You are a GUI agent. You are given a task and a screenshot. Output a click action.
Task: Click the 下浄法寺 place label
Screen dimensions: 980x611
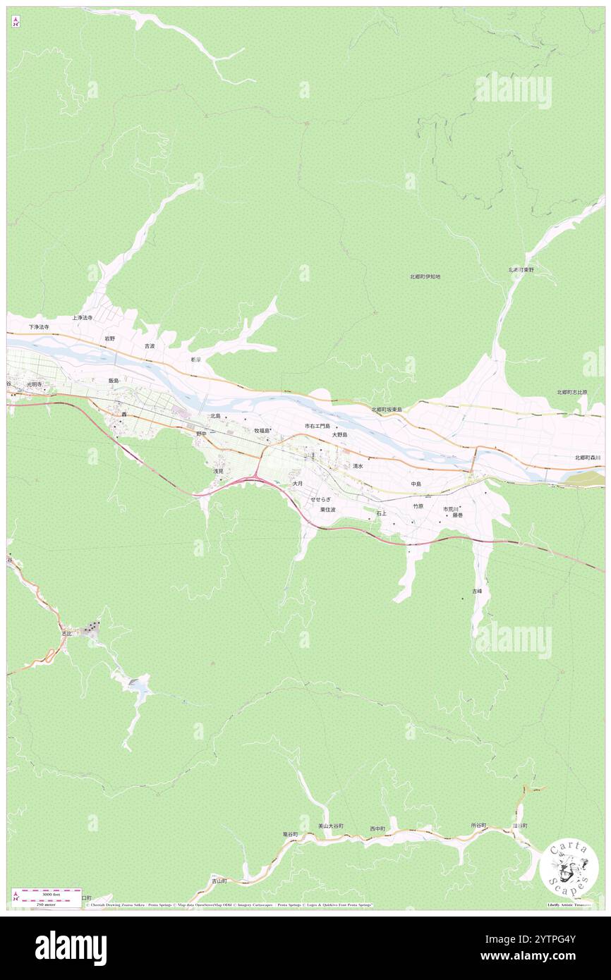39,327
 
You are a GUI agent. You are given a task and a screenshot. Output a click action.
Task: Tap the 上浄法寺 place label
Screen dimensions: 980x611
82,318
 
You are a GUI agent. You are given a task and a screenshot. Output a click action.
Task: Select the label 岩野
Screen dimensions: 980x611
110,338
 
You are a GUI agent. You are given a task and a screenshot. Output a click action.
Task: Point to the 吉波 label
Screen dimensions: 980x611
150,346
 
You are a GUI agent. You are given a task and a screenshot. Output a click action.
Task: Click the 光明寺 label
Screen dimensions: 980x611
35,384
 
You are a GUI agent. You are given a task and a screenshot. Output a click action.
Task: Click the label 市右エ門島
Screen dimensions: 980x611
317,426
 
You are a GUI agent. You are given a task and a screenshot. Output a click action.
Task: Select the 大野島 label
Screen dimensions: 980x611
340,435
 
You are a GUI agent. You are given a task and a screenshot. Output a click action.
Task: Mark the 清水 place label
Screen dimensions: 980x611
358,466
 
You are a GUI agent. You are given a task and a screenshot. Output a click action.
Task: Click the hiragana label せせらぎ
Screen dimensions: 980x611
320,499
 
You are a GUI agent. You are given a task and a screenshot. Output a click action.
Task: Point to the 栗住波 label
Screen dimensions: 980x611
327,509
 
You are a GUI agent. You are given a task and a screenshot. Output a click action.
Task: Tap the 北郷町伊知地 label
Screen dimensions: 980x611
425,277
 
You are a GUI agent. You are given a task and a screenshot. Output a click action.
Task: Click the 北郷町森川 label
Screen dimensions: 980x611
587,458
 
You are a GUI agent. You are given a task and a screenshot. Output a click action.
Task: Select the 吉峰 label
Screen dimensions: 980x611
477,591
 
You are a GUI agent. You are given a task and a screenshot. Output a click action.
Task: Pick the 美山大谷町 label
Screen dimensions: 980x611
330,826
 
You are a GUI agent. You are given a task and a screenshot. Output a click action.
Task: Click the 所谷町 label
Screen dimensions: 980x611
478,825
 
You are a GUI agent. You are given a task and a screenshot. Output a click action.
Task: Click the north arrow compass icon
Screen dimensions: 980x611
16,22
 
